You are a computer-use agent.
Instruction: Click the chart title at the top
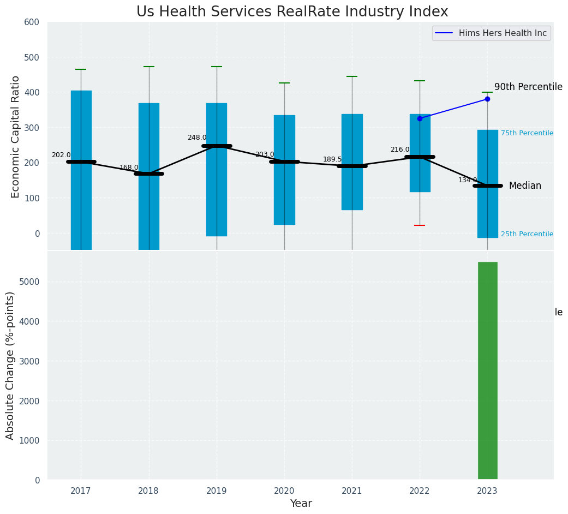pyautogui.click(x=292, y=12)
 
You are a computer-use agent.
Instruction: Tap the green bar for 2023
pyautogui.click(x=487, y=371)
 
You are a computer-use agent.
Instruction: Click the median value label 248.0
pyautogui.click(x=197, y=138)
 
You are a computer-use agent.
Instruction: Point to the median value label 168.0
pyautogui.click(x=129, y=168)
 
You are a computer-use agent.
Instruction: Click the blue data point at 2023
pyautogui.click(x=487, y=99)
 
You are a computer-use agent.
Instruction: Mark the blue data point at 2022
pyautogui.click(x=420, y=118)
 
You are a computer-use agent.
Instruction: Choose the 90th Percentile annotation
pyautogui.click(x=528, y=87)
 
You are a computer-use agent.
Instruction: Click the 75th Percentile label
pyautogui.click(x=527, y=133)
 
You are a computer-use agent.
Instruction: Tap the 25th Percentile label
pyautogui.click(x=527, y=234)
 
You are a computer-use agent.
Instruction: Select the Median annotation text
pyautogui.click(x=525, y=186)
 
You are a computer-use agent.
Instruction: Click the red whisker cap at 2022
pyautogui.click(x=420, y=225)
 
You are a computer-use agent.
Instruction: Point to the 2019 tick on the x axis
pyautogui.click(x=217, y=491)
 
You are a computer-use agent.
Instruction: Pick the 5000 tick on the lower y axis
pyautogui.click(x=29, y=282)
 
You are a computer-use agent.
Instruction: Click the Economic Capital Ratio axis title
pyautogui.click(x=16, y=136)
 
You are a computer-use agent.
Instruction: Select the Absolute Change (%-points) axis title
pyautogui.click(x=10, y=365)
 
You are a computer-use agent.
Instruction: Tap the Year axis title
pyautogui.click(x=301, y=504)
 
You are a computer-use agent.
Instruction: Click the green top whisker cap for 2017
pyautogui.click(x=81, y=69)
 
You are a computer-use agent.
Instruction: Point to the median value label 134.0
pyautogui.click(x=468, y=181)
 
